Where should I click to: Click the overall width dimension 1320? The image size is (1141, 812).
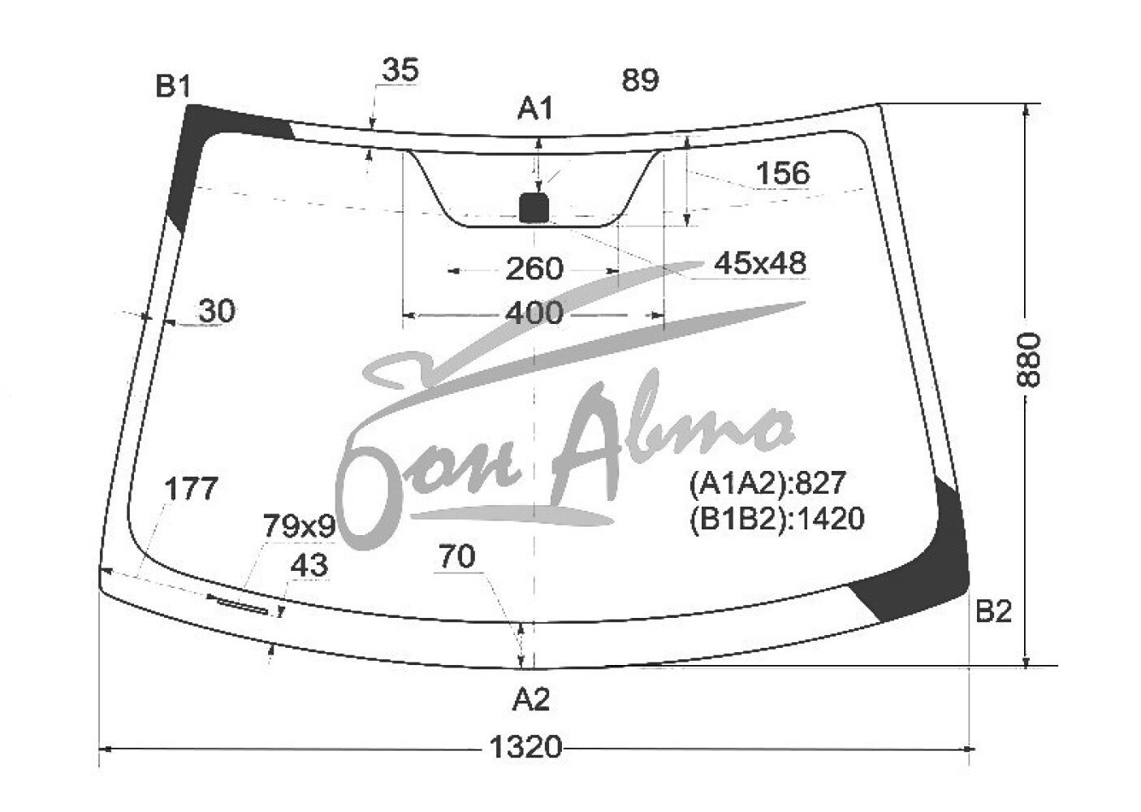click(525, 747)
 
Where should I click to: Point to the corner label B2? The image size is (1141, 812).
click(992, 611)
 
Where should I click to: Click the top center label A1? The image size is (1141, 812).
click(535, 109)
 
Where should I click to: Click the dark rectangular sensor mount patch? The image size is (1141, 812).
click(534, 207)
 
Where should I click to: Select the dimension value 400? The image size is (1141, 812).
click(534, 313)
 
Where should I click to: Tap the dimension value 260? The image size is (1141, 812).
click(534, 269)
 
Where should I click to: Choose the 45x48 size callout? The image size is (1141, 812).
click(760, 263)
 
